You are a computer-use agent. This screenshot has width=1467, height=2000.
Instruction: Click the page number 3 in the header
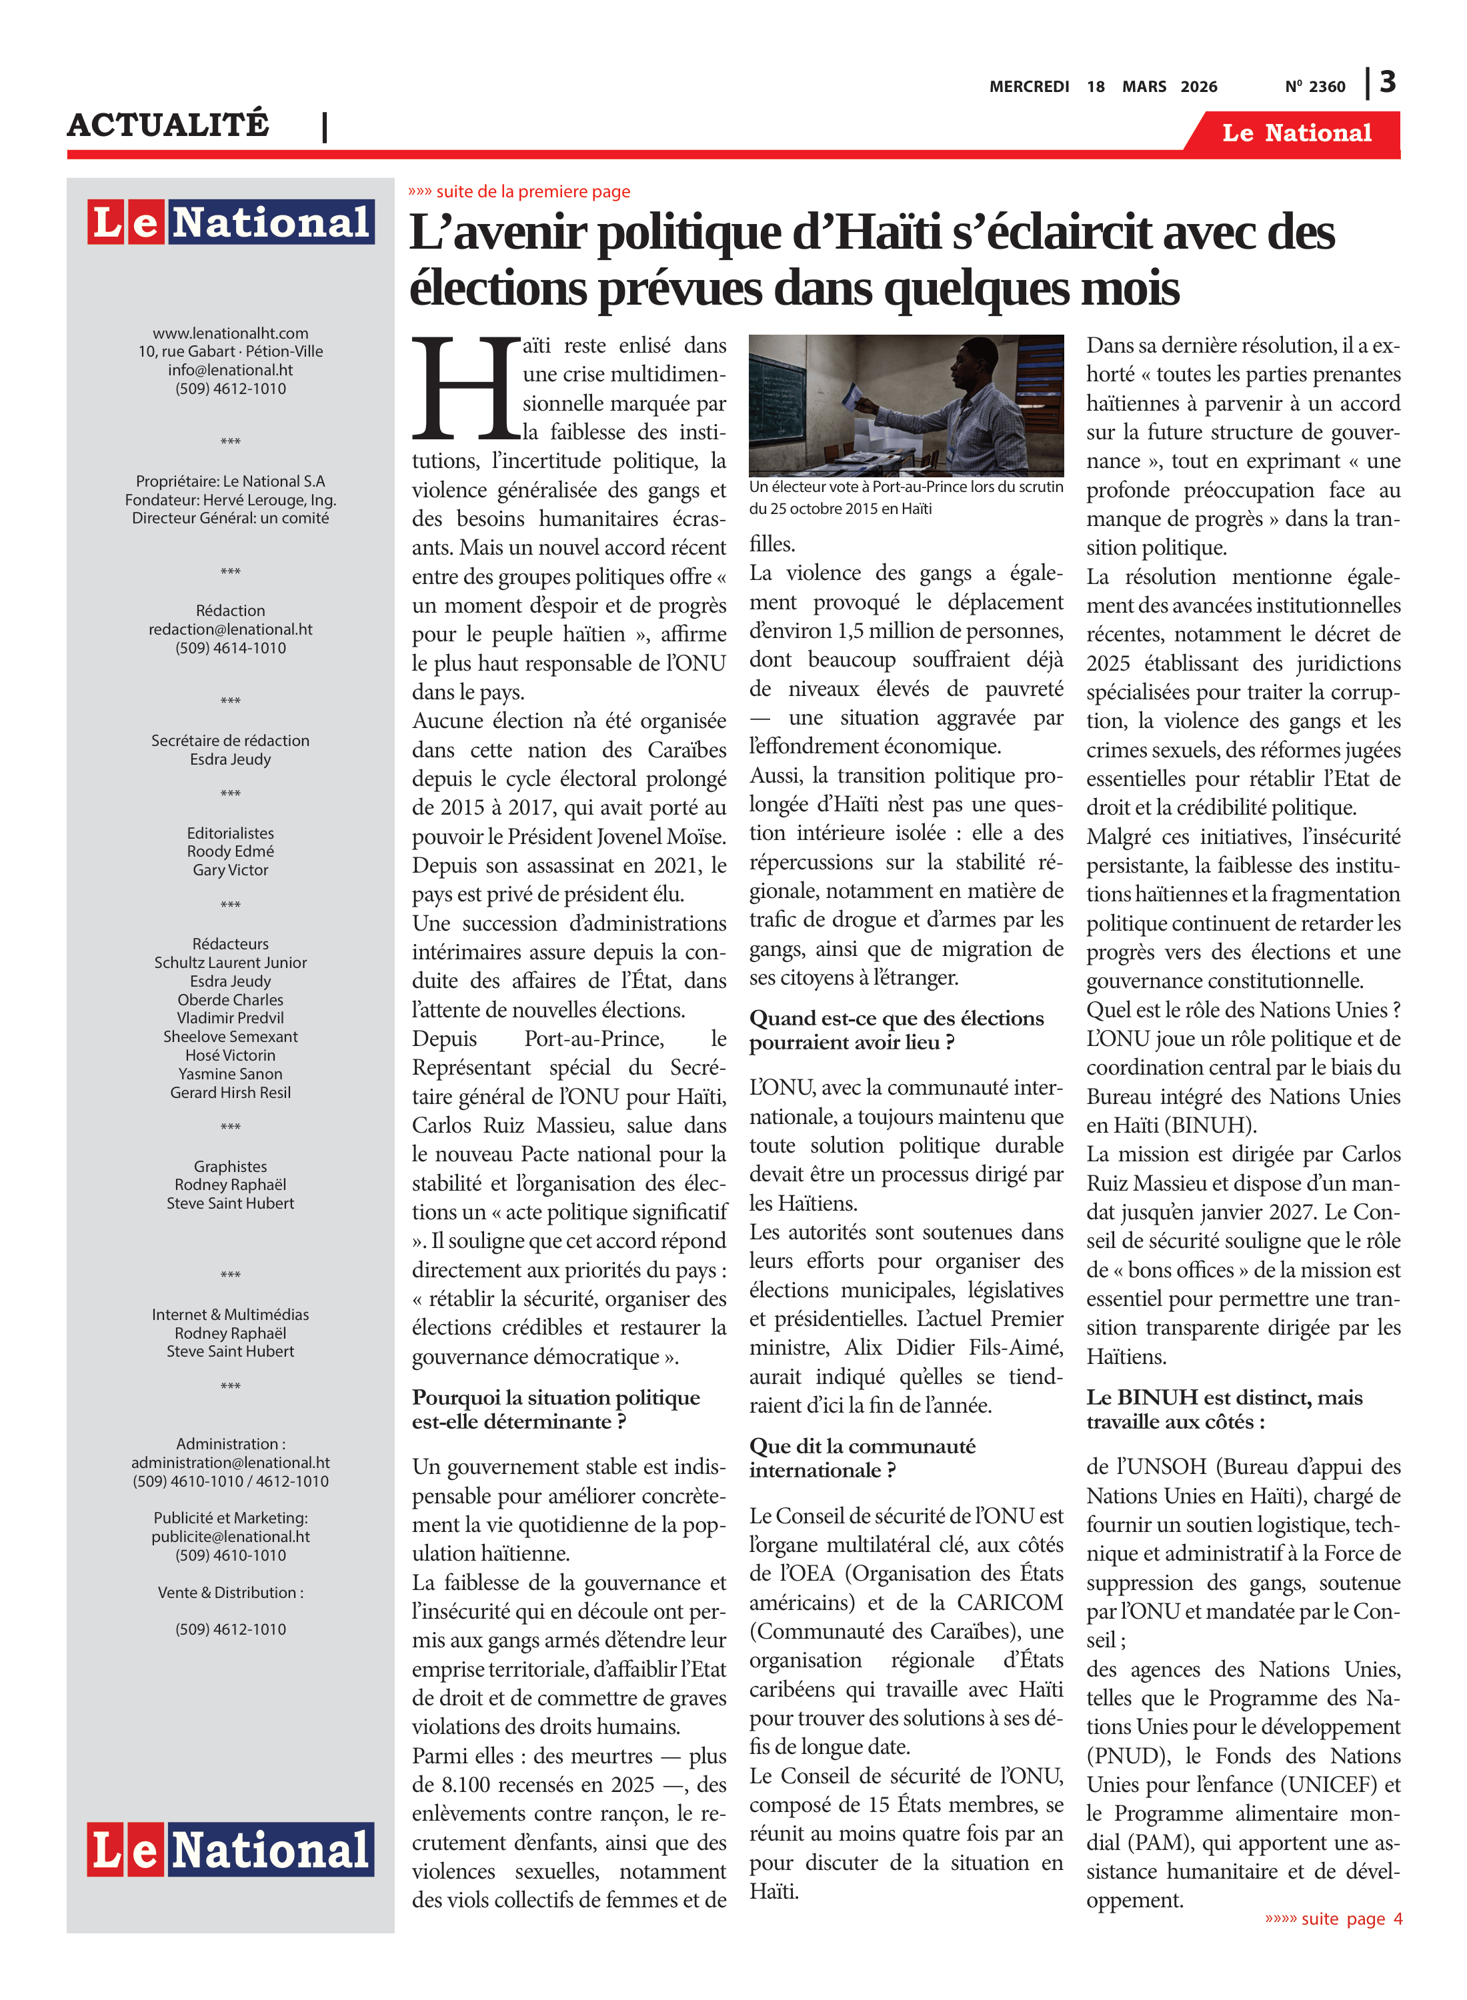(1388, 83)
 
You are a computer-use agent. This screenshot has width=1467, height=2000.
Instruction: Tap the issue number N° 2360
(1314, 87)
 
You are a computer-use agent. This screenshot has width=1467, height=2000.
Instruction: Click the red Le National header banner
(1296, 133)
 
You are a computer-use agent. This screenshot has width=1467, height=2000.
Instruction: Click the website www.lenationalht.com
(230, 333)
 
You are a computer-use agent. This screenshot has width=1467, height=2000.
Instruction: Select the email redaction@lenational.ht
(230, 629)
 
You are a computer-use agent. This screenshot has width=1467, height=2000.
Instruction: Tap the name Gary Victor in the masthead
(230, 870)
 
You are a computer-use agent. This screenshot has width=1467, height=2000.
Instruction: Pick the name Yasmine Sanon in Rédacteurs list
(230, 1074)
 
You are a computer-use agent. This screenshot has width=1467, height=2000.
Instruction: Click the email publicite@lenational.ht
(230, 1537)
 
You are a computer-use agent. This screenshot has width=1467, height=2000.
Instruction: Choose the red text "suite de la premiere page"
(532, 192)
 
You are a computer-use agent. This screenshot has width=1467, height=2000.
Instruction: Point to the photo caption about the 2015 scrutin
(906, 498)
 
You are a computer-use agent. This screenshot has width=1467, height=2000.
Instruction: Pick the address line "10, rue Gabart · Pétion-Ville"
(230, 351)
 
